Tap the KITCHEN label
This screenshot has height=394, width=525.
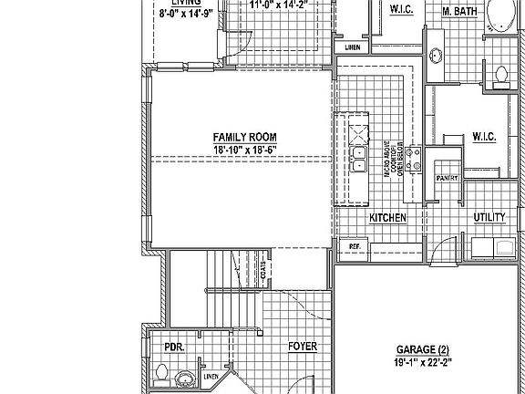pyautogui.click(x=386, y=218)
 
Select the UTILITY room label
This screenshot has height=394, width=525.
pyautogui.click(x=489, y=217)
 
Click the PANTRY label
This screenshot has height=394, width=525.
pyautogui.click(x=446, y=179)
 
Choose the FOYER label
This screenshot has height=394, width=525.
pyautogui.click(x=303, y=347)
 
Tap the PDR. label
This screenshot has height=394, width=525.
pyautogui.click(x=173, y=347)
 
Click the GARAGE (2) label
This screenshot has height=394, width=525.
pyautogui.click(x=422, y=349)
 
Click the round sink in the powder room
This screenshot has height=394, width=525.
pyautogui.click(x=186, y=378)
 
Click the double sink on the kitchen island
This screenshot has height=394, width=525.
pyautogui.click(x=358, y=155)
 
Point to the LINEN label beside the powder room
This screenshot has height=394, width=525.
pyautogui.click(x=210, y=376)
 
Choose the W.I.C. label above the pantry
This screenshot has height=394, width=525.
pyautogui.click(x=483, y=137)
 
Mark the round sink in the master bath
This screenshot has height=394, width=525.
pyautogui.click(x=435, y=57)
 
